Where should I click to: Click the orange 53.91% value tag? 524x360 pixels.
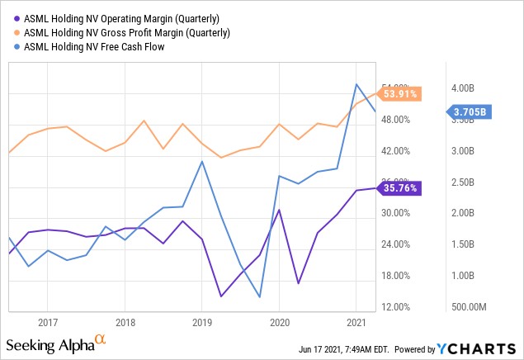click(400, 94)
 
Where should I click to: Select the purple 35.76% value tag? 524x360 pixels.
click(400, 188)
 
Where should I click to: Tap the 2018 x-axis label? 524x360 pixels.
click(125, 322)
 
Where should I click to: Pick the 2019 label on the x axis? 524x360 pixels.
click(202, 322)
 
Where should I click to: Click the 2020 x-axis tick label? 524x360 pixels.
click(279, 322)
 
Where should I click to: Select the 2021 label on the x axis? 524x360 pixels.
click(356, 322)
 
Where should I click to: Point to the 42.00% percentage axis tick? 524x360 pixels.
click(394, 151)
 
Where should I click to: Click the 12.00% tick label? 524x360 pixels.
click(394, 307)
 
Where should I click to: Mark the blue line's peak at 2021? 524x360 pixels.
click(356, 84)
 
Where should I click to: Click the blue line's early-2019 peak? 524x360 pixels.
click(202, 161)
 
